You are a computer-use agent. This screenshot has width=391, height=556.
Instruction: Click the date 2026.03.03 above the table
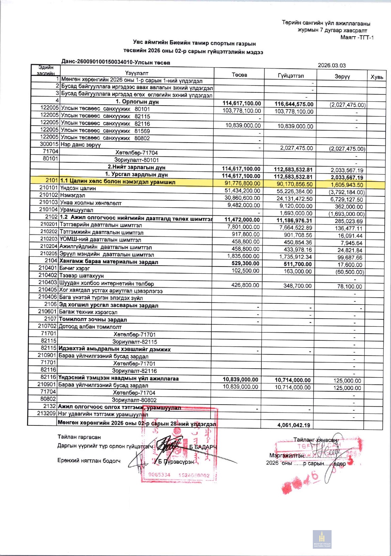(331, 66)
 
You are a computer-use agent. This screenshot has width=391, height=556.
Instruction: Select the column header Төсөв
(239, 75)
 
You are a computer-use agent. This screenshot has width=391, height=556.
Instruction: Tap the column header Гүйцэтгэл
(290, 76)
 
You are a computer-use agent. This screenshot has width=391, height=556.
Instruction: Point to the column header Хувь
(377, 77)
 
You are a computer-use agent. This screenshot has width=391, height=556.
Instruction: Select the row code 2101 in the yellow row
(51, 180)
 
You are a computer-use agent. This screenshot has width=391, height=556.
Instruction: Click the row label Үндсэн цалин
(78, 188)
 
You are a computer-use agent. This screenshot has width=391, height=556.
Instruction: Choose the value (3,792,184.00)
(347, 192)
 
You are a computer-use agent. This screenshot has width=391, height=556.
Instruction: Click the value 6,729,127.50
(347, 199)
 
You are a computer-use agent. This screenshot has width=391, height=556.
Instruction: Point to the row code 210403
(48, 282)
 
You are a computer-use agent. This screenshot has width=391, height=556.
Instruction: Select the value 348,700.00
(297, 286)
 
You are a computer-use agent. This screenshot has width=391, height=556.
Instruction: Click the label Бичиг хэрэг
(74, 268)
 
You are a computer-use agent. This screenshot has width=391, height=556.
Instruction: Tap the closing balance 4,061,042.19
(294, 425)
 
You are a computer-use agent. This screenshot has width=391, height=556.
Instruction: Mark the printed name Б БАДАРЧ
(203, 447)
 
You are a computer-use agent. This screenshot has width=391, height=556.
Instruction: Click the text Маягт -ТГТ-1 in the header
(357, 38)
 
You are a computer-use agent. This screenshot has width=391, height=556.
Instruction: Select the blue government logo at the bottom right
(322, 539)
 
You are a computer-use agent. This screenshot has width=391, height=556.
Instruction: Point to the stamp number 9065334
(159, 475)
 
